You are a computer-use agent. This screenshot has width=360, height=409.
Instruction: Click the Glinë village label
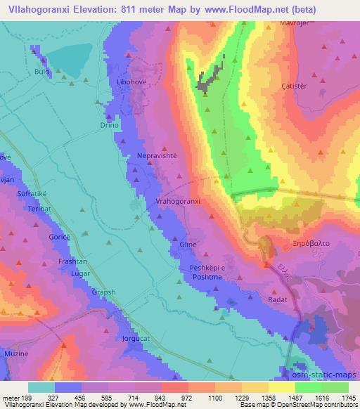[x=188, y=245]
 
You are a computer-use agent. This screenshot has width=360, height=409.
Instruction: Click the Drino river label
[x=105, y=124]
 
